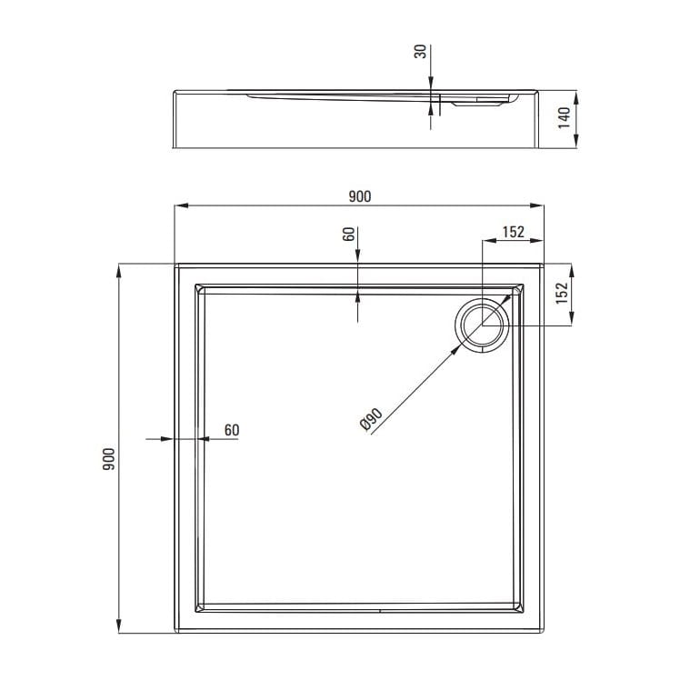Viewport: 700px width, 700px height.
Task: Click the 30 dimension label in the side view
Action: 421,51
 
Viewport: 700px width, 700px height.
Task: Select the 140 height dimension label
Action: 565,118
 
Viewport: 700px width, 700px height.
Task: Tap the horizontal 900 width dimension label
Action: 360,196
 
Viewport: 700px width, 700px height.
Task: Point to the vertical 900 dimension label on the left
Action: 109,459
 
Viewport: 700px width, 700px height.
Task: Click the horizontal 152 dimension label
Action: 514,232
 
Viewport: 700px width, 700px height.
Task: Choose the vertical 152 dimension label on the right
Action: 562,294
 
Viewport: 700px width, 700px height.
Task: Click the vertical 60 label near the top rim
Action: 349,234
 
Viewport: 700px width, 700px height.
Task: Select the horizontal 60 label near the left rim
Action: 232,430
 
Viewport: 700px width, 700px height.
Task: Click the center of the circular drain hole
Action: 482,325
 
